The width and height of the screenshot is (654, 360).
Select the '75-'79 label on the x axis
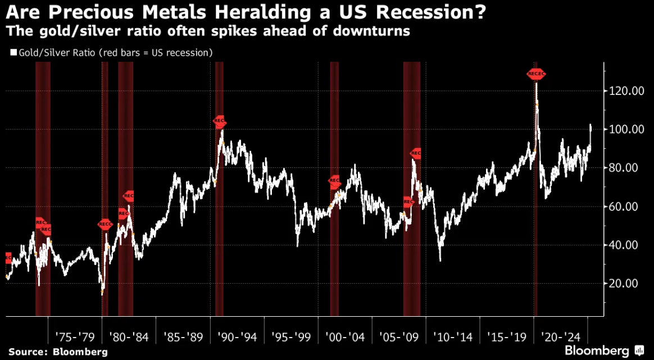point(75,337)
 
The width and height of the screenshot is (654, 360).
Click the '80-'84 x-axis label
point(129,337)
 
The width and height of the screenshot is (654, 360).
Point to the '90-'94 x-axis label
point(237,337)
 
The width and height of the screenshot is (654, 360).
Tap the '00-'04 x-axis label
point(345,337)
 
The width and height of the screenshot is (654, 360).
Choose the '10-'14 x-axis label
point(453,337)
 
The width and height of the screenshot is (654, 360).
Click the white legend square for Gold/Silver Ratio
point(12,53)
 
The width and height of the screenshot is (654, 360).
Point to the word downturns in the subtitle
point(374,31)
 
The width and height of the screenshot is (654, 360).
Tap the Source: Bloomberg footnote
point(58,351)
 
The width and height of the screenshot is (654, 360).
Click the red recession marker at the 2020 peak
point(536,74)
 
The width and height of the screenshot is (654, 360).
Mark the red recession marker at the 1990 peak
point(220,121)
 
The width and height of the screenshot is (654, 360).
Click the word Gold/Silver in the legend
point(40,53)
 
